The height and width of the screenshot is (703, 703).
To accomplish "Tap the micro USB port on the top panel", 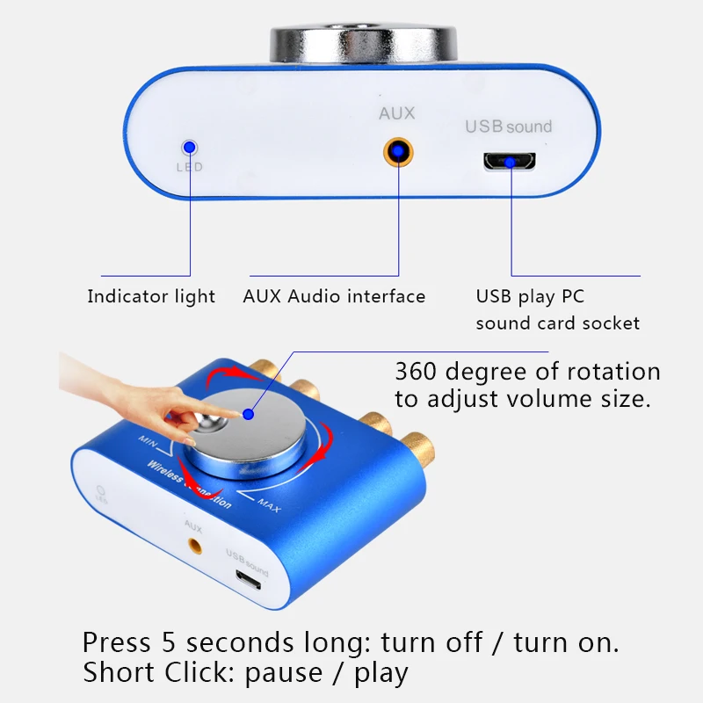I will coord(511,162).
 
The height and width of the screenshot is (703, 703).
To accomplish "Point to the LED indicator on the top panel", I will coord(188,149).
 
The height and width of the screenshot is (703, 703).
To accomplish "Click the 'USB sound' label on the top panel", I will coord(508,127).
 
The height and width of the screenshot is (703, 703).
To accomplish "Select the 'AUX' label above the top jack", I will coord(396,113).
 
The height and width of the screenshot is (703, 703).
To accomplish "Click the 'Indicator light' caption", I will coord(151,297).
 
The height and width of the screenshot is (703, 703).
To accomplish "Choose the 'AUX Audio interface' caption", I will coord(334,297).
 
